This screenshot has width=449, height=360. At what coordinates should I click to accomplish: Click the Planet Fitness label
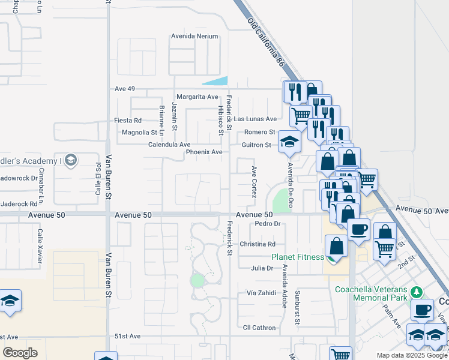point(297,257)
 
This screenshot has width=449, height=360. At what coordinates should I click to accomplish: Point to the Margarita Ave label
point(197,97)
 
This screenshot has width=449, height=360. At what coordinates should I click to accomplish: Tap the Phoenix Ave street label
point(204,152)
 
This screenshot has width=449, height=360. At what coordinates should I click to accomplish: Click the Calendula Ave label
point(169,145)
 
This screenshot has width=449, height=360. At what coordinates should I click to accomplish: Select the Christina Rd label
point(257,244)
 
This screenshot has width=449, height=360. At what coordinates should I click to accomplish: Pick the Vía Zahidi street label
point(261,293)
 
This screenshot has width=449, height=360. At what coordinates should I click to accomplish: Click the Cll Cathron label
point(259,328)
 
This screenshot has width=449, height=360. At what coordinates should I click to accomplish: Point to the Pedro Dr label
point(268,224)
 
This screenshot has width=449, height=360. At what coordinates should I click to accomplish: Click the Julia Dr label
point(262,268)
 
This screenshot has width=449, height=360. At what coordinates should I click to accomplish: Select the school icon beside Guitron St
point(289,142)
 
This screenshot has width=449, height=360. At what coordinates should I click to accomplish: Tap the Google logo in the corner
point(20,353)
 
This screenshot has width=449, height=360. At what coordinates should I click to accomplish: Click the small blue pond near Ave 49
point(216,82)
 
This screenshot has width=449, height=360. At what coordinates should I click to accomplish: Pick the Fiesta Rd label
point(128,120)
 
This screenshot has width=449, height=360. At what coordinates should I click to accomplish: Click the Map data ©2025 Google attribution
point(412,355)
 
